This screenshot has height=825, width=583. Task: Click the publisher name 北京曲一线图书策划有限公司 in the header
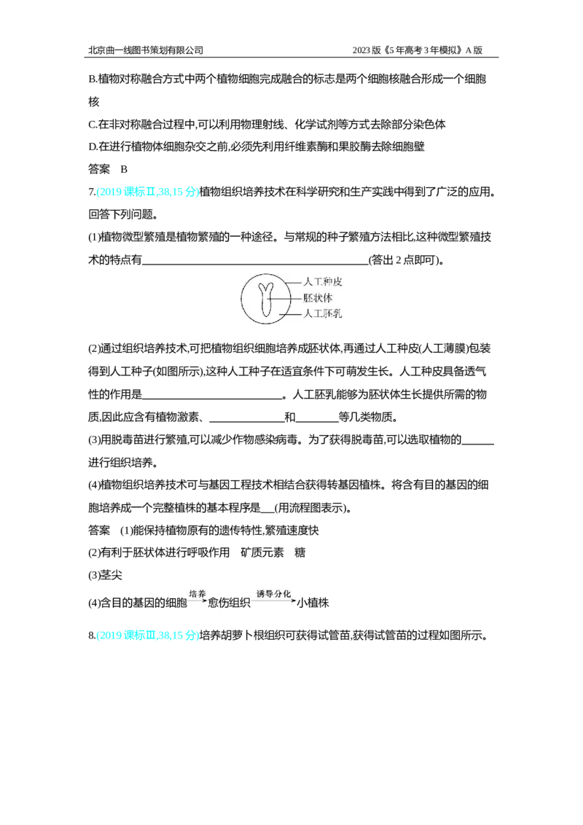tap(146, 50)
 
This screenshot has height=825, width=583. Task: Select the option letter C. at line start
tap(93, 124)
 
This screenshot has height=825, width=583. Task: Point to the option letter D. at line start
tap(93, 146)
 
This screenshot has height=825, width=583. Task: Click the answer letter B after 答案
tap(124, 169)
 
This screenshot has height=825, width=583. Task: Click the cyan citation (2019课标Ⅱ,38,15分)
tap(148, 192)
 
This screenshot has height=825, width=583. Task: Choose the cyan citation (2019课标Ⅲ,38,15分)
tap(148, 636)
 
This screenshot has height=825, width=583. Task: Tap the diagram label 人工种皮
tap(323, 281)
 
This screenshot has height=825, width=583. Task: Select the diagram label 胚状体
tap(318, 298)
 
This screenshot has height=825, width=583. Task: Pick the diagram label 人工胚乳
tap(323, 313)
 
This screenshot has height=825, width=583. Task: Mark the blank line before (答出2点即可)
tap(255, 264)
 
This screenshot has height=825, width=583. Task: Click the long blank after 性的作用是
tap(213, 399)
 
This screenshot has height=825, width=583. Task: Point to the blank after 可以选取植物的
tap(478, 444)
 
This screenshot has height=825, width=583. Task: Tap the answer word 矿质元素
tap(262, 552)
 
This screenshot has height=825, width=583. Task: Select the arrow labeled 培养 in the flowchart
tap(197, 601)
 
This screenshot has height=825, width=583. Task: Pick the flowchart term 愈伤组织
tap(229, 603)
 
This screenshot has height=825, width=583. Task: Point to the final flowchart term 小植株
tap(313, 603)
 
